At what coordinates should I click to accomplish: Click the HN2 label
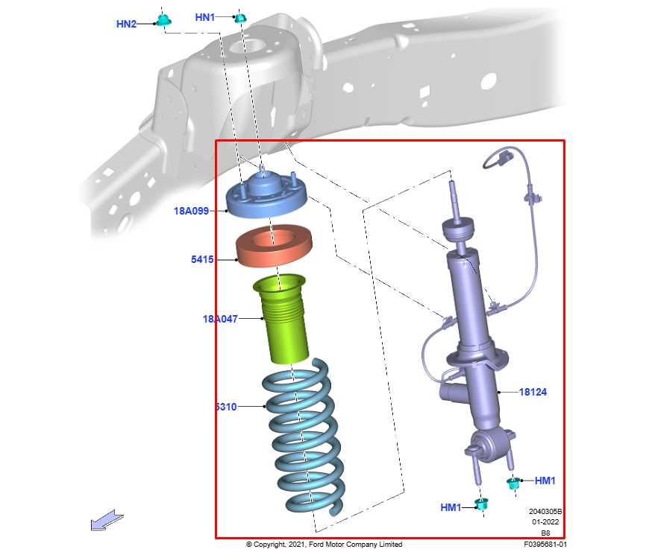[126, 24]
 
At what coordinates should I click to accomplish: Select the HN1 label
[205, 16]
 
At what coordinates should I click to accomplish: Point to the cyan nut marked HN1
[240, 17]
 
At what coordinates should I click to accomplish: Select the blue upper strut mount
[267, 198]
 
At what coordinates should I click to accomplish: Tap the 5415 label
[202, 260]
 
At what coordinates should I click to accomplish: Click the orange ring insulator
[272, 249]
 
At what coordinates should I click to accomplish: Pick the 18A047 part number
[220, 319]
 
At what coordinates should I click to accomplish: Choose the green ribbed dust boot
[283, 320]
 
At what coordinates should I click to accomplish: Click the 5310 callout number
[225, 407]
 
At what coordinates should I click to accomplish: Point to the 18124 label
[533, 392]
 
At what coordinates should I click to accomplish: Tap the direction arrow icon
[107, 520]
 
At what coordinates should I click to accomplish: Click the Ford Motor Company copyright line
[324, 545]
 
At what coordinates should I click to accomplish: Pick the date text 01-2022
[545, 523]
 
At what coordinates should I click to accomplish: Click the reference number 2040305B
[545, 512]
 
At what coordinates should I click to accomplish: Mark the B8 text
[545, 533]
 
